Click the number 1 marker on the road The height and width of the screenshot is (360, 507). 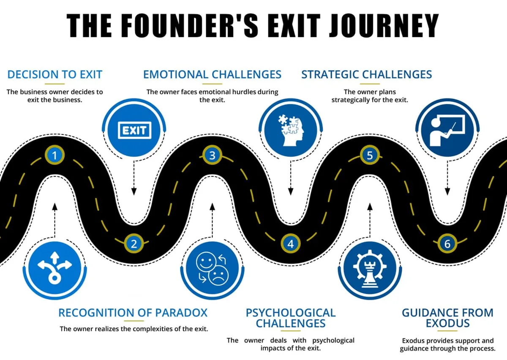tap(55, 155)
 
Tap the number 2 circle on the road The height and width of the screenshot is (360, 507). tap(134, 243)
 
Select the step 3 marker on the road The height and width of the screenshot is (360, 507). tap(212, 155)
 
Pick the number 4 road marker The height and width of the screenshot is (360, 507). tap(291, 243)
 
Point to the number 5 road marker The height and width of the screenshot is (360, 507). tap(370, 155)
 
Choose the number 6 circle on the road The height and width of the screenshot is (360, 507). tap(447, 243)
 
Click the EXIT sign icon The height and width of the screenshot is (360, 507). tap(134, 130)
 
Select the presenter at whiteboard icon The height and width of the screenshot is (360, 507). tap(447, 130)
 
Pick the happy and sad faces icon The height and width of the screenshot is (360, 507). tap(212, 268)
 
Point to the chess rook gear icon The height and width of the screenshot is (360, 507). tap(370, 268)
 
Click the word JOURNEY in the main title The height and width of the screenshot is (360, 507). tap(384, 25)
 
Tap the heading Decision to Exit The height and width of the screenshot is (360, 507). tap(55, 74)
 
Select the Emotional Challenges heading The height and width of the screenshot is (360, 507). tap(212, 74)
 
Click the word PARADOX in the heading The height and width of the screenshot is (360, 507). tap(181, 313)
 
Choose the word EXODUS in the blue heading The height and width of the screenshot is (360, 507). tap(447, 323)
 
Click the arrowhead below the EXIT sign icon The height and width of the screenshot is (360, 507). tap(134, 191)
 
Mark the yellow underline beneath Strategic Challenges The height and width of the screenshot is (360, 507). tap(370, 84)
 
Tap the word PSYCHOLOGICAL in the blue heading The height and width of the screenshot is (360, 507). tap(291, 313)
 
